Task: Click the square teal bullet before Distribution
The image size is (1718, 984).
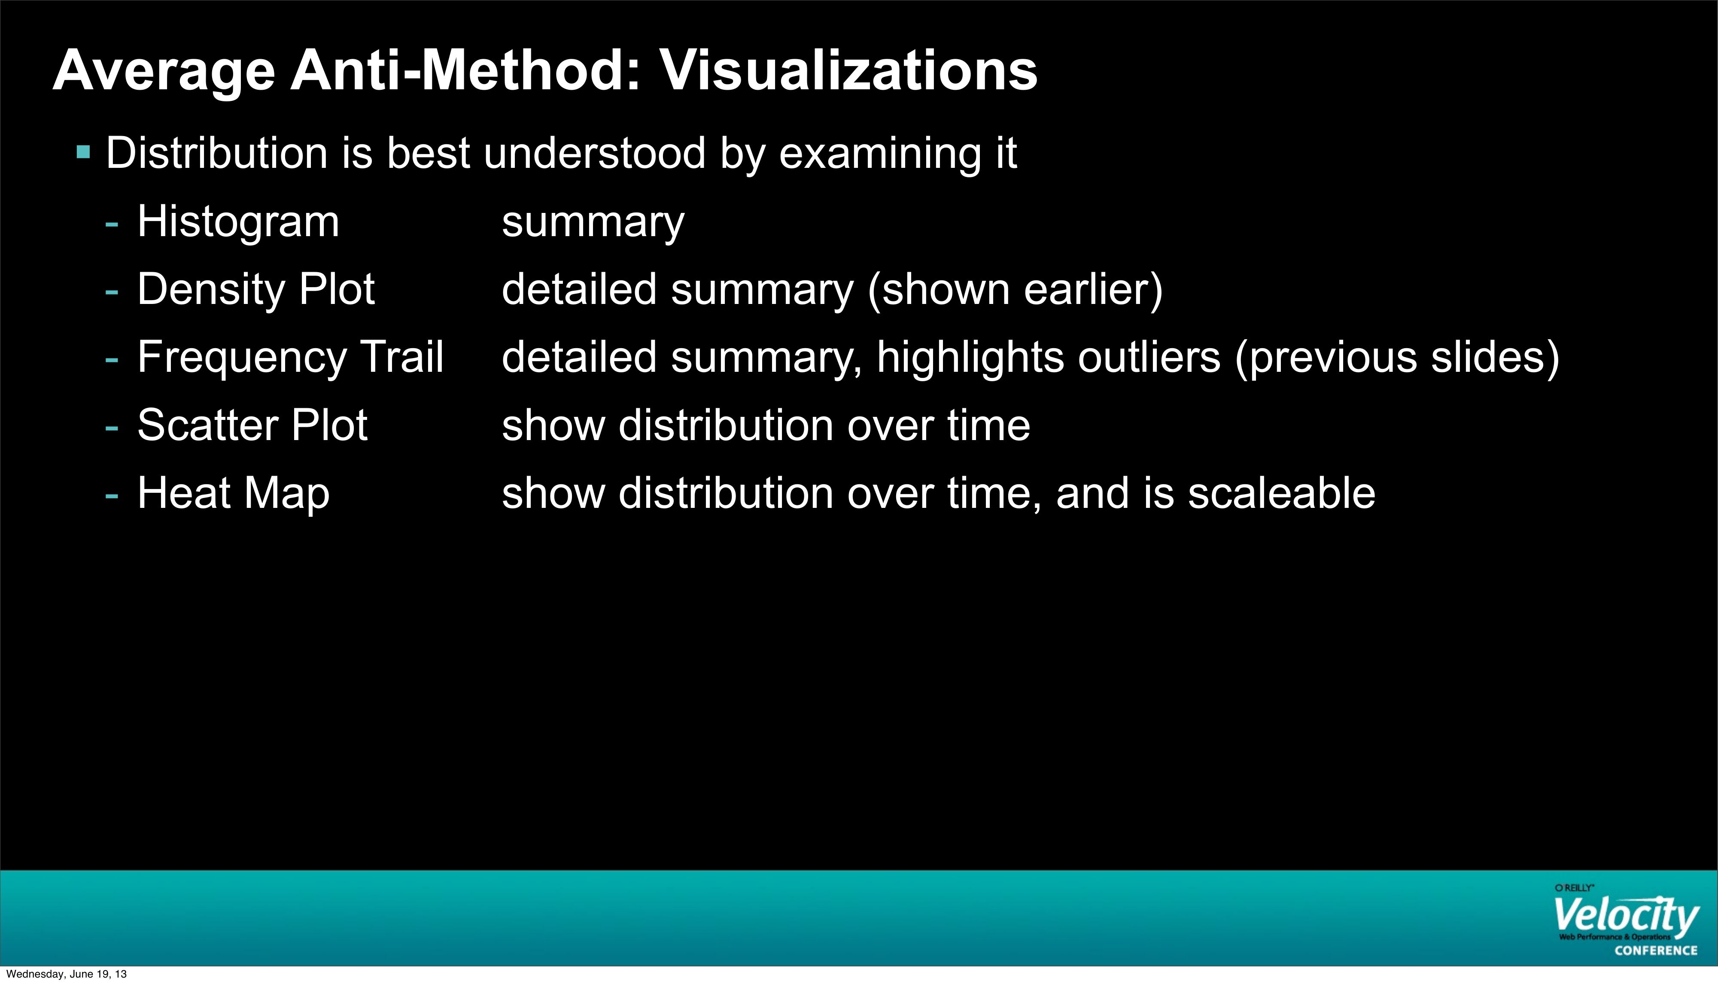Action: coord(84,152)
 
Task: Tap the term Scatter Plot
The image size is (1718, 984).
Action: coord(252,425)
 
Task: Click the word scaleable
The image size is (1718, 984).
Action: coord(1281,493)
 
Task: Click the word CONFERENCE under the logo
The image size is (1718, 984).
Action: coord(1656,950)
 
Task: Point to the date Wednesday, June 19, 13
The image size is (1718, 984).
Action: coord(66,974)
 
